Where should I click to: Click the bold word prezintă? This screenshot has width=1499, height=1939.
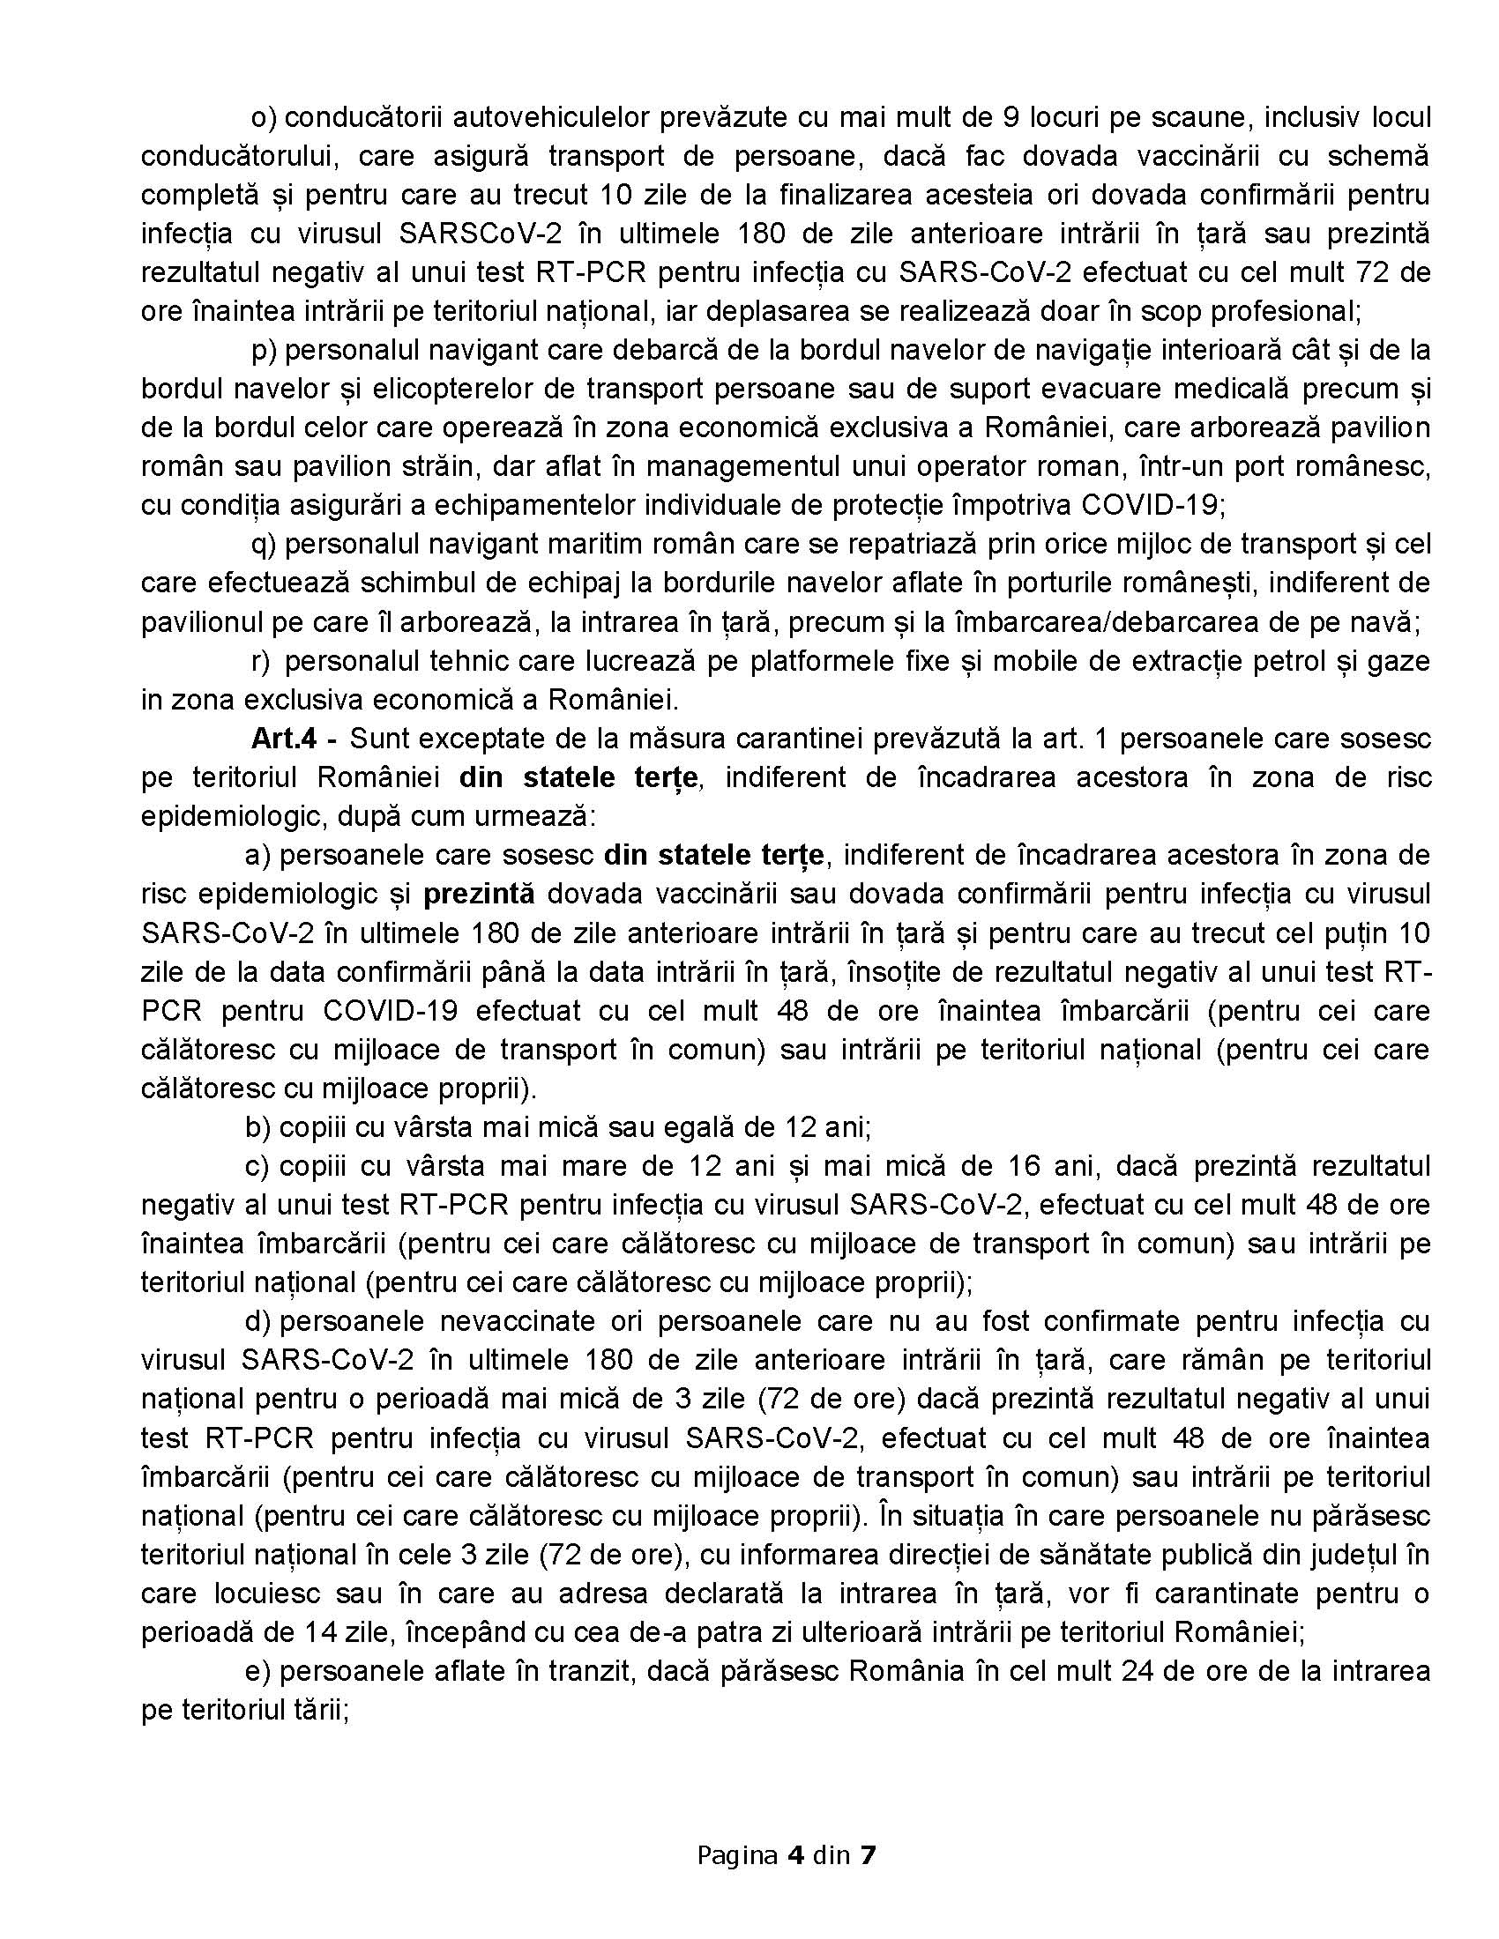(479, 893)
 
